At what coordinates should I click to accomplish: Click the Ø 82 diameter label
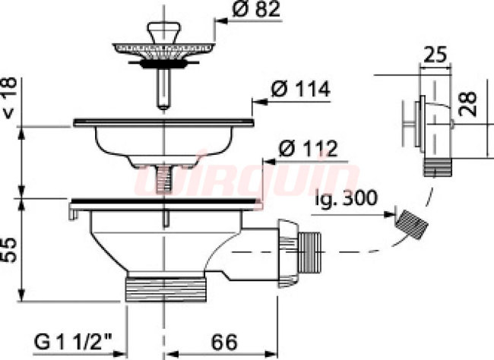256,9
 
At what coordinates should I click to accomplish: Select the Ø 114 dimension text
300,89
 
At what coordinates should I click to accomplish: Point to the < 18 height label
11,98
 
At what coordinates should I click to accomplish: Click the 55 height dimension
11,250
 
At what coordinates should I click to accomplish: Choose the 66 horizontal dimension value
224,343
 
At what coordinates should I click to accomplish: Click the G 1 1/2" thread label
74,342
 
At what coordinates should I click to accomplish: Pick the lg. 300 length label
346,198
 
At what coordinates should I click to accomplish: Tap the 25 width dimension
435,55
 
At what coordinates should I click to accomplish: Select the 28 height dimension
467,104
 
